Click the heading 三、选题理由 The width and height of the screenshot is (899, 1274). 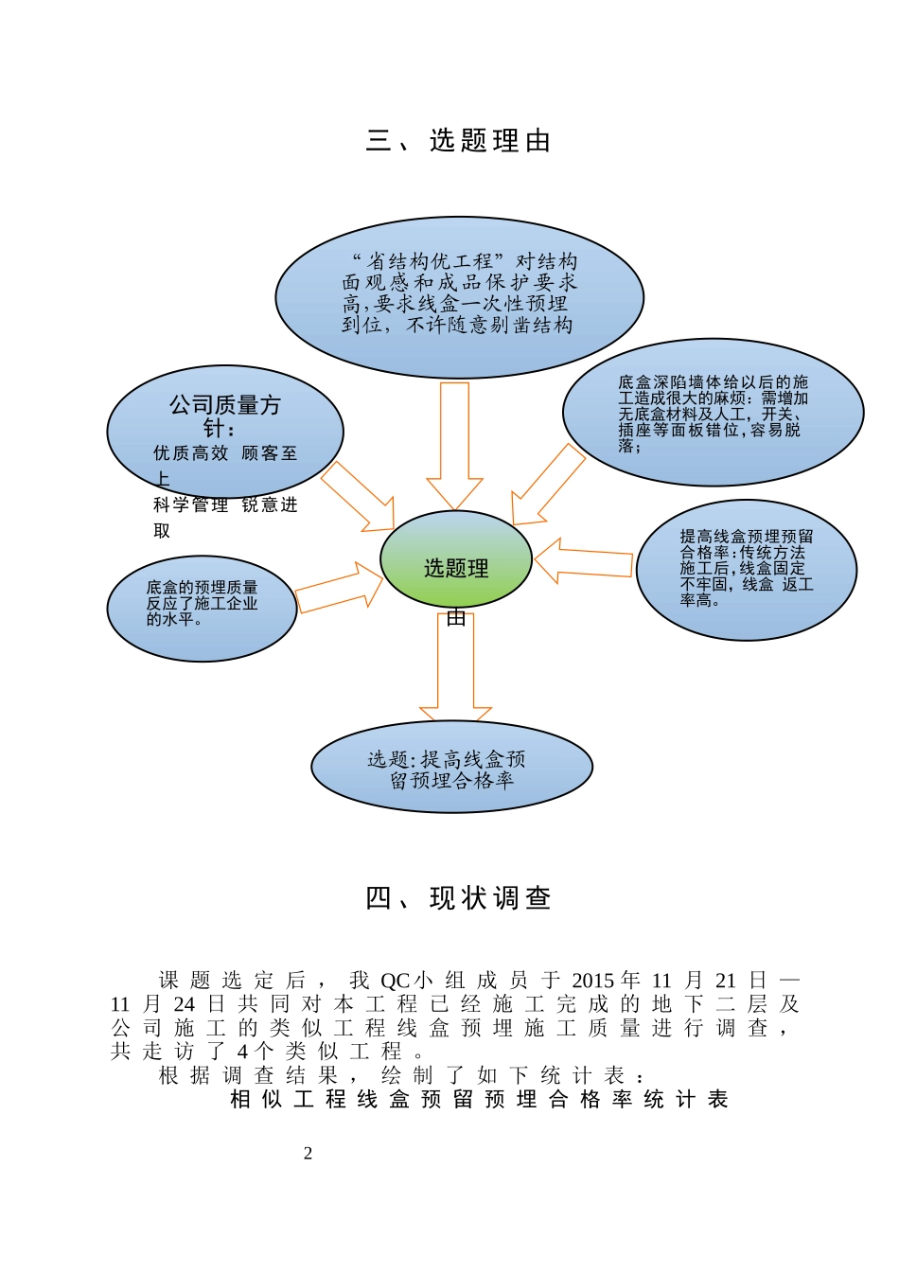click(x=458, y=141)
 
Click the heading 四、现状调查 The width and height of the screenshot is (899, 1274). click(x=458, y=898)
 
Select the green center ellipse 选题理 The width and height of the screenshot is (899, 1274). click(x=456, y=560)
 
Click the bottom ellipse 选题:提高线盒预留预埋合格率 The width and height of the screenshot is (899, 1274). click(x=451, y=768)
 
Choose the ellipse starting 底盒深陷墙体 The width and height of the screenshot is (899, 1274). click(x=713, y=414)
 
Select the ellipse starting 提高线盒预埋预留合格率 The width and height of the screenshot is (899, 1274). click(x=746, y=570)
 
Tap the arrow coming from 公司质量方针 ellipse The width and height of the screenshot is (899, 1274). click(x=357, y=497)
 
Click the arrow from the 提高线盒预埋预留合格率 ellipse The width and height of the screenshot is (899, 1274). click(x=584, y=562)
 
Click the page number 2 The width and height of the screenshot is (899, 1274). click(x=308, y=1153)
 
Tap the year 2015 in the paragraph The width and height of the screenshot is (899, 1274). click(x=592, y=981)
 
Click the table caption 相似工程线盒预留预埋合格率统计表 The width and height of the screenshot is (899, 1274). click(x=479, y=1099)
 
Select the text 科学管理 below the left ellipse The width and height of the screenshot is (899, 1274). click(x=191, y=505)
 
